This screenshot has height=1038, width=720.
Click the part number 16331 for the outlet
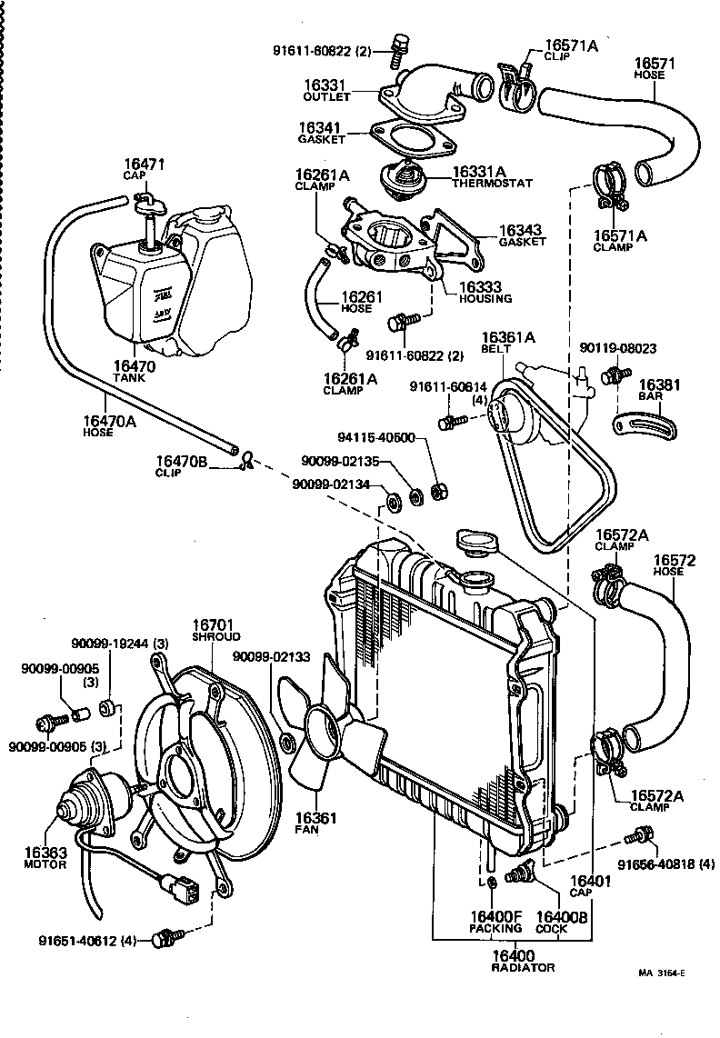pyautogui.click(x=325, y=85)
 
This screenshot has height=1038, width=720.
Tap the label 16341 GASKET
pyautogui.click(x=322, y=134)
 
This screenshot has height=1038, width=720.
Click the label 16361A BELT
pyautogui.click(x=508, y=343)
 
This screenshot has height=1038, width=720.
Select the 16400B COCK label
pyautogui.click(x=562, y=922)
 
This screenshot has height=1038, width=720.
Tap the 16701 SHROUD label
pyautogui.click(x=215, y=631)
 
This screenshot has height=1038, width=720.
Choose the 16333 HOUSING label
pyautogui.click(x=485, y=291)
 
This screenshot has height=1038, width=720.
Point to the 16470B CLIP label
pyautogui.click(x=183, y=467)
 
